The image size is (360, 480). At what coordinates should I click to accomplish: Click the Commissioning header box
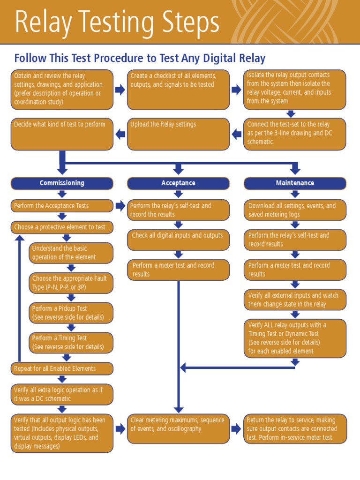(62, 183)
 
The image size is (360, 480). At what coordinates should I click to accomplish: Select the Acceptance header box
(178, 183)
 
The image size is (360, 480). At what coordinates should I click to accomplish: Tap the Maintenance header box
(295, 183)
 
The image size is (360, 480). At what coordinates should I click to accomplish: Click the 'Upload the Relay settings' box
(178, 134)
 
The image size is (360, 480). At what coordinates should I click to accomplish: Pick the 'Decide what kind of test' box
(62, 134)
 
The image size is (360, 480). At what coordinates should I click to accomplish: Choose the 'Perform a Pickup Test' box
(71, 313)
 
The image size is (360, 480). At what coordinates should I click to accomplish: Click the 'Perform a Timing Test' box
(71, 343)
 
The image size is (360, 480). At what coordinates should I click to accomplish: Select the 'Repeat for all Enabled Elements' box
(62, 368)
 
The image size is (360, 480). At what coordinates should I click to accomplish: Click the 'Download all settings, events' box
(295, 210)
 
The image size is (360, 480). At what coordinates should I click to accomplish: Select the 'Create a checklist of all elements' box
(178, 89)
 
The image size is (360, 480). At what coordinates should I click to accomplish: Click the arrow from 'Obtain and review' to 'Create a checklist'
(120, 90)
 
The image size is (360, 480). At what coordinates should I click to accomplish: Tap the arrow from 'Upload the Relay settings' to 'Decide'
(120, 134)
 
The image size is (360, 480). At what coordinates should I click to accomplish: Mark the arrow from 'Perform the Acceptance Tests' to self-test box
(120, 206)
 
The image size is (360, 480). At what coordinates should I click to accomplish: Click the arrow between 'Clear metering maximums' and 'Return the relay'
(236, 428)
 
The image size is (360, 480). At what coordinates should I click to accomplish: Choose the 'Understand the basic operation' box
(71, 253)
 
